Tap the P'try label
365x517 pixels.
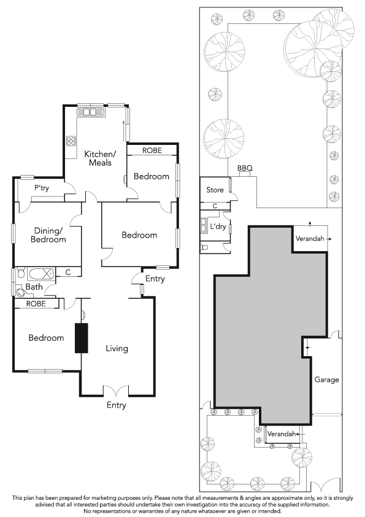pyautogui.click(x=42, y=188)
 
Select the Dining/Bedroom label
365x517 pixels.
pyautogui.click(x=48, y=235)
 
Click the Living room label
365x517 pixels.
pyautogui.click(x=117, y=349)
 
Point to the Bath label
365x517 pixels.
pyautogui.click(x=34, y=287)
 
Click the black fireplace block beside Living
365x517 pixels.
pyautogui.click(x=82, y=338)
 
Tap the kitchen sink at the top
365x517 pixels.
pyautogui.click(x=90, y=112)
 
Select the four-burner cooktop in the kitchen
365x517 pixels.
pyautogui.click(x=71, y=141)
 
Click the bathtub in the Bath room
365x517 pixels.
pyautogui.click(x=41, y=274)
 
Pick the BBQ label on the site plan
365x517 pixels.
pyautogui.click(x=245, y=168)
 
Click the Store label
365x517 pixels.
pyautogui.click(x=215, y=190)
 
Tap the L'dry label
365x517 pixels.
pyautogui.click(x=218, y=227)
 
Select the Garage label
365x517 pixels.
pyautogui.click(x=326, y=380)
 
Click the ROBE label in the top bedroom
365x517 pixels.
pyautogui.click(x=152, y=150)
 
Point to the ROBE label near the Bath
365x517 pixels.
pyautogui.click(x=36, y=303)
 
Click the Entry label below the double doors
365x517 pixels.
pyautogui.click(x=117, y=405)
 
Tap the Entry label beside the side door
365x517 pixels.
pyautogui.click(x=155, y=279)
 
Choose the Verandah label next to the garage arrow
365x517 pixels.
pyautogui.click(x=310, y=238)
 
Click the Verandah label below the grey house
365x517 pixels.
pyautogui.click(x=282, y=433)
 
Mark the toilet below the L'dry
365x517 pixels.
pyautogui.click(x=204, y=247)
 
